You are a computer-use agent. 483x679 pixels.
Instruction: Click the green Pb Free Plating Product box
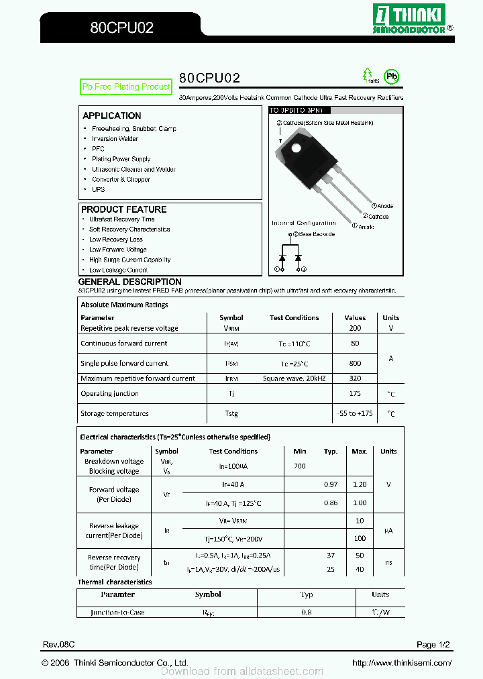pyautogui.click(x=126, y=87)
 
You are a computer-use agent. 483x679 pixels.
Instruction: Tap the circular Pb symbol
pyautogui.click(x=390, y=76)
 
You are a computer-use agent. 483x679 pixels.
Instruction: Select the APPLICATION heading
pyautogui.click(x=112, y=115)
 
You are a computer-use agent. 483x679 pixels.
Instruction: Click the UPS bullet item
pyautogui.click(x=99, y=190)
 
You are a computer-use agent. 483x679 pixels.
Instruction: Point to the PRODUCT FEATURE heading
pyautogui.click(x=124, y=209)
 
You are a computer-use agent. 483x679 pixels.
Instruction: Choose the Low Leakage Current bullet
pyautogui.click(x=118, y=270)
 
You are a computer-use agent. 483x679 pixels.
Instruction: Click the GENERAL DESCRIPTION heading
pyautogui.click(x=130, y=282)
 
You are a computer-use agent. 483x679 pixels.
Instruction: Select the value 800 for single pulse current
pyautogui.click(x=355, y=363)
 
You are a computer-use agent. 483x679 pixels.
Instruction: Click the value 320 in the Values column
pyautogui.click(x=355, y=378)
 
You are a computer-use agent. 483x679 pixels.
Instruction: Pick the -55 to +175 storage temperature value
pyautogui.click(x=355, y=414)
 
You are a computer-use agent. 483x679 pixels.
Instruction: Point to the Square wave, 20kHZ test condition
pyautogui.click(x=294, y=378)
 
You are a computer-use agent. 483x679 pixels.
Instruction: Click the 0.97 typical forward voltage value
pyautogui.click(x=331, y=484)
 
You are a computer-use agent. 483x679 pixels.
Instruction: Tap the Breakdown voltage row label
pyautogui.click(x=114, y=462)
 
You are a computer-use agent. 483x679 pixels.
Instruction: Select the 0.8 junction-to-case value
pyautogui.click(x=307, y=612)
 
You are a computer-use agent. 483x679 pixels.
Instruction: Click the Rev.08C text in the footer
pyautogui.click(x=58, y=645)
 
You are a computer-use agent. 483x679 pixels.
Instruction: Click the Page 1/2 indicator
pyautogui.click(x=433, y=645)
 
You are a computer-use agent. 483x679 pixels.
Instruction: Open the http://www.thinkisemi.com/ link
pyautogui.click(x=402, y=663)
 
